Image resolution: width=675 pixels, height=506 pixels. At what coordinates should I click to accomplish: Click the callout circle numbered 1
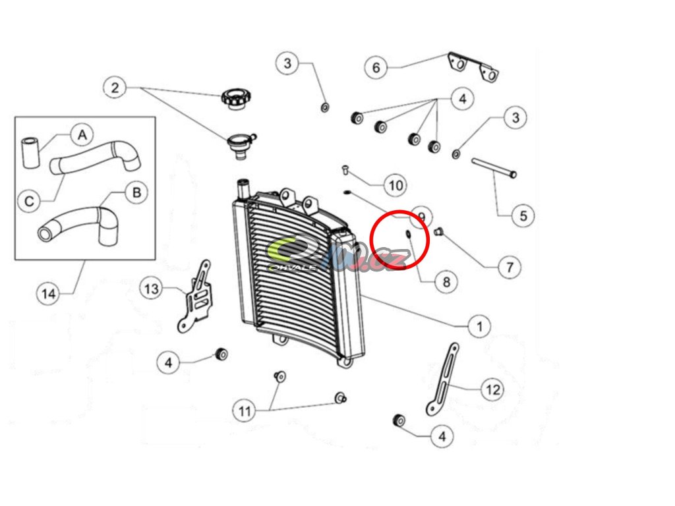(479, 325)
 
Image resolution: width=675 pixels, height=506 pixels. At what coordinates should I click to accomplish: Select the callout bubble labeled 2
(115, 87)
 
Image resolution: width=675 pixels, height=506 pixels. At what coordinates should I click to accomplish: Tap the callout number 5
(523, 215)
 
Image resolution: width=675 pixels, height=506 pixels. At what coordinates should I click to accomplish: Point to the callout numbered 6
(376, 67)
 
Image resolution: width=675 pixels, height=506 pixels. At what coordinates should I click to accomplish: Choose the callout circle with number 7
(509, 267)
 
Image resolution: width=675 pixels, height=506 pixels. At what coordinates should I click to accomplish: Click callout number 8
(446, 282)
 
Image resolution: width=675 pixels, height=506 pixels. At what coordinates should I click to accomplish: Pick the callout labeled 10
(396, 186)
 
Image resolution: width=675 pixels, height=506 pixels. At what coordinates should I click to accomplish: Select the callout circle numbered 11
(245, 412)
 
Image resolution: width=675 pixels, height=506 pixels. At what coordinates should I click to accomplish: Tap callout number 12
(493, 390)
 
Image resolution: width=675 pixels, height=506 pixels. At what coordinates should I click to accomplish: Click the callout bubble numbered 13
(152, 289)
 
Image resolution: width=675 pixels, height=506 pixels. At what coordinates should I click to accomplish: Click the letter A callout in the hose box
(82, 135)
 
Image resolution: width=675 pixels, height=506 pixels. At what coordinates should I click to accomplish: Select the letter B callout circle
(136, 192)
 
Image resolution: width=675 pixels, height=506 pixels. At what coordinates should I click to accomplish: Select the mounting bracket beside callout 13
(196, 296)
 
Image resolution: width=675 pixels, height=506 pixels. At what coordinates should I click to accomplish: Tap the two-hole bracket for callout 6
(473, 65)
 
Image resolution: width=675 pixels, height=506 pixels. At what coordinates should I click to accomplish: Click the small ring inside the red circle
(407, 235)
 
